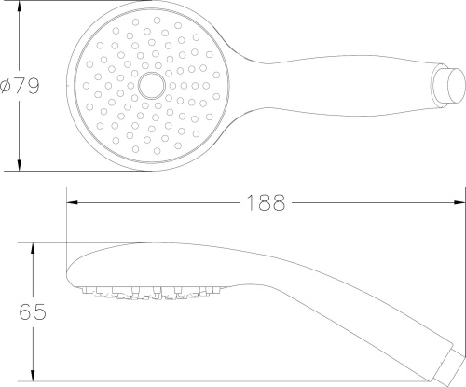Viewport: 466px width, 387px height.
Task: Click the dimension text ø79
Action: (x=20, y=86)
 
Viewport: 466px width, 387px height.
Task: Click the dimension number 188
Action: (x=266, y=203)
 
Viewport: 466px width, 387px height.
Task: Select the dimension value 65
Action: (x=33, y=311)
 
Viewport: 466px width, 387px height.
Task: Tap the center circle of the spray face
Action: (x=152, y=86)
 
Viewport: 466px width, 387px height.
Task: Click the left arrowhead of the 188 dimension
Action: (x=72, y=202)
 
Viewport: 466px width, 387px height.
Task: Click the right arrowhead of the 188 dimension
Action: (x=459, y=202)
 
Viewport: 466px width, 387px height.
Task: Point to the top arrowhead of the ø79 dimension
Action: (x=20, y=7)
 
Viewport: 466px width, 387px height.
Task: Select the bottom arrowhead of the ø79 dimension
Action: (x=20, y=165)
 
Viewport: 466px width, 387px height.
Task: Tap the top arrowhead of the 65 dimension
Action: (x=33, y=248)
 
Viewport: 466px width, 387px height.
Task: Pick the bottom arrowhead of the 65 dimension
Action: (x=33, y=376)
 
